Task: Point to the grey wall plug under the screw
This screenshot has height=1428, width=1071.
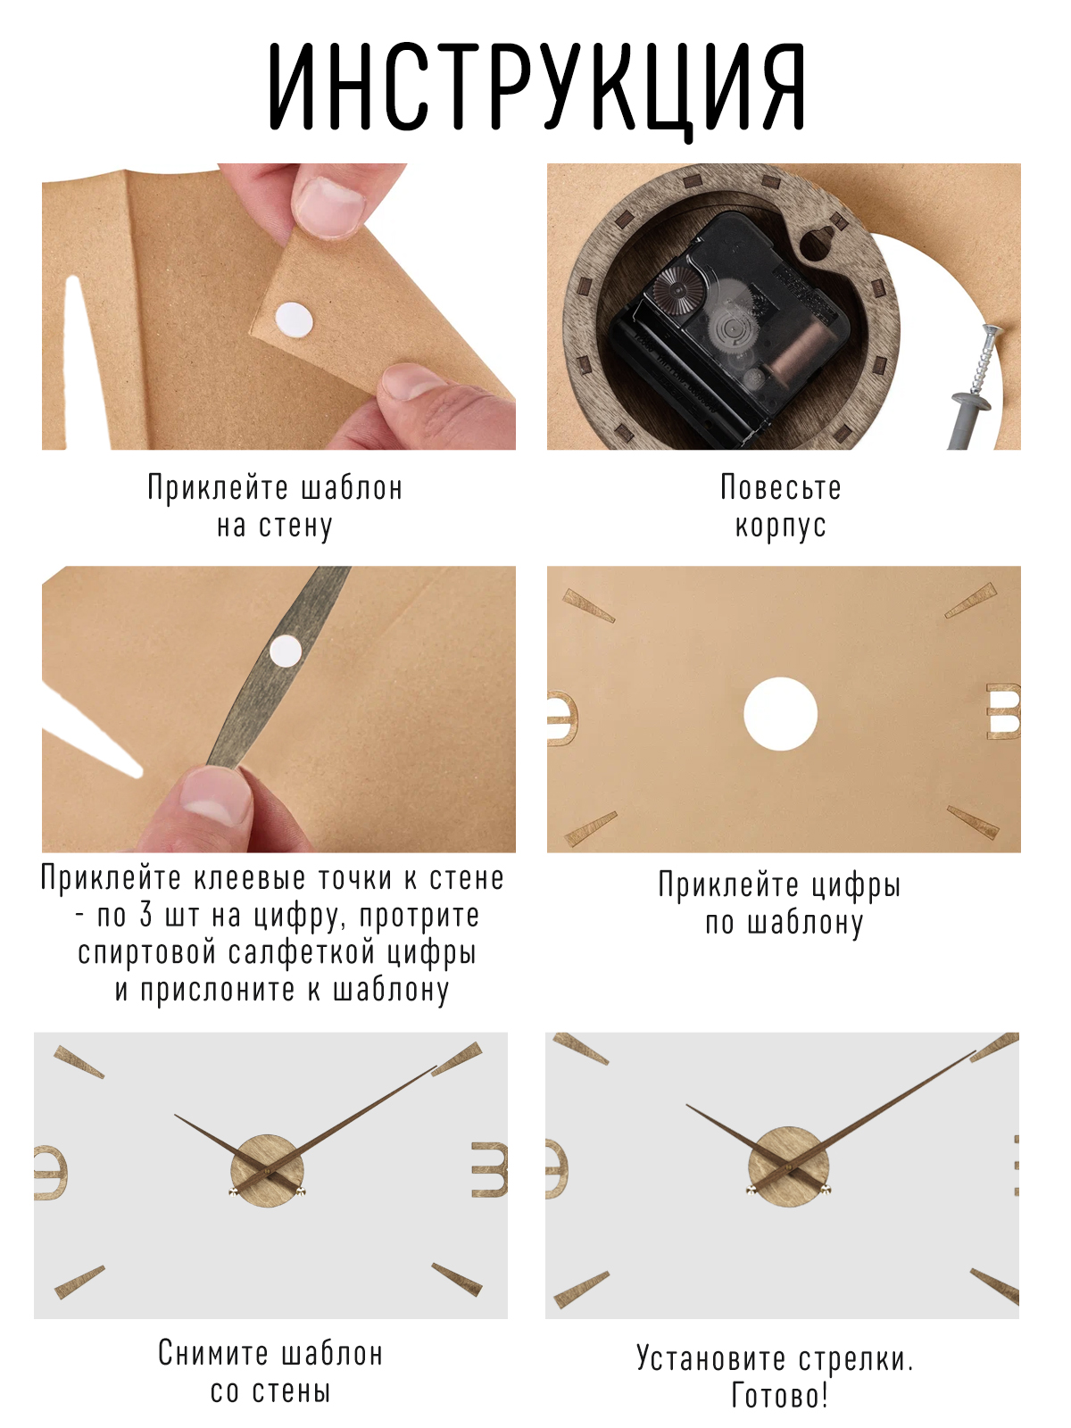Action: (969, 419)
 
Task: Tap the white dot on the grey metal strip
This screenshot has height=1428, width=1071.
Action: (285, 651)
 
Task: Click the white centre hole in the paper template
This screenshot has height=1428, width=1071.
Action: (780, 714)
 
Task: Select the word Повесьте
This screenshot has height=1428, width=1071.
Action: (780, 488)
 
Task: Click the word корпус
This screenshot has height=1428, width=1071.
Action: (780, 526)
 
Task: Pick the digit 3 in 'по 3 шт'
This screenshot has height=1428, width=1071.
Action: (145, 915)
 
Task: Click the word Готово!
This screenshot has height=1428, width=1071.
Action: (780, 1395)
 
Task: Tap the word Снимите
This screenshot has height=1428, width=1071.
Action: (209, 1353)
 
